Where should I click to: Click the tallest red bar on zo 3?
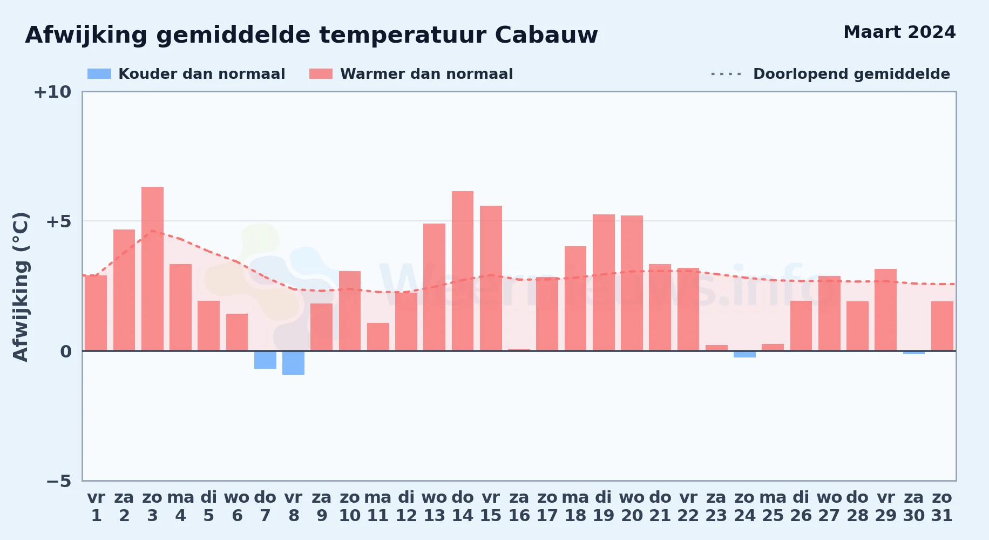[x=152, y=269]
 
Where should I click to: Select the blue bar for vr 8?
[x=293, y=363]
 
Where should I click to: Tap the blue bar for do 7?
[x=265, y=360]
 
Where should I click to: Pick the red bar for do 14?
[x=463, y=271]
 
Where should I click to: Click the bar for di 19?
[x=604, y=283]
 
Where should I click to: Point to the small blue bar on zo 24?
[x=744, y=354]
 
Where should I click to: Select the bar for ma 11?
[x=378, y=337]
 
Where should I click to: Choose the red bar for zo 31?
[x=942, y=326]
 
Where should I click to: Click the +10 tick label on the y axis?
[x=52, y=92]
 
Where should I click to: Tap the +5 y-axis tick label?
[x=58, y=221]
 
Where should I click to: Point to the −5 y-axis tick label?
[x=58, y=481]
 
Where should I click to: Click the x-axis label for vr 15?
[x=491, y=507]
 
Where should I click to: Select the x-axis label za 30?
[x=914, y=507]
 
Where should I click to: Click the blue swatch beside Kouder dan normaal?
[x=99, y=74]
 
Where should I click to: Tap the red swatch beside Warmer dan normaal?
[x=321, y=74]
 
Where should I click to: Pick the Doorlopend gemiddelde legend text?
[x=851, y=74]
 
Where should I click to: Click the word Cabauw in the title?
[x=546, y=35]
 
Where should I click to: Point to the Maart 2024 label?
[x=899, y=32]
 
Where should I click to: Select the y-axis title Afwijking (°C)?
[x=21, y=286]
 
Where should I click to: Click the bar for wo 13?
[x=434, y=287]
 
